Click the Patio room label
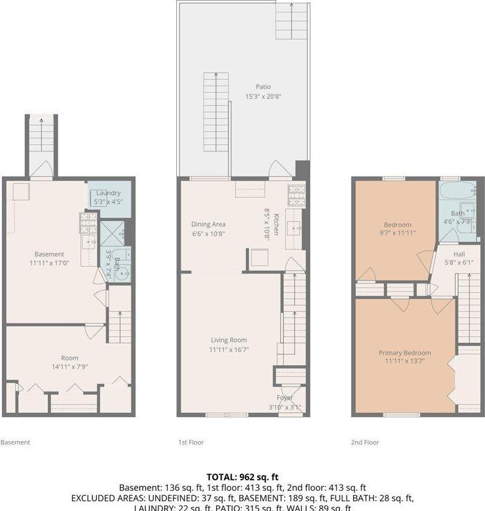(x=263, y=87)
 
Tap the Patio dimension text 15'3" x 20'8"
(x=263, y=96)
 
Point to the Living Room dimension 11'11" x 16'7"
(x=228, y=350)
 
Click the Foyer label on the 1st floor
(x=285, y=398)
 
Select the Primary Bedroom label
(x=404, y=353)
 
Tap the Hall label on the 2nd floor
(x=459, y=254)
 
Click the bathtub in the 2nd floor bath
(x=460, y=191)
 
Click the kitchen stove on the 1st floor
(x=296, y=195)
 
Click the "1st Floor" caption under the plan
(x=190, y=442)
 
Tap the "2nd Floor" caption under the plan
(x=366, y=442)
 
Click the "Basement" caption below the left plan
(x=15, y=442)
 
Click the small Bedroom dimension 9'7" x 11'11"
(x=397, y=233)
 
